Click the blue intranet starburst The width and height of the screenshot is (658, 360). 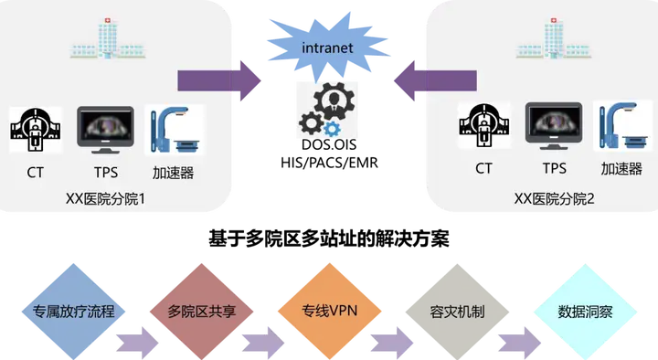[x=328, y=47]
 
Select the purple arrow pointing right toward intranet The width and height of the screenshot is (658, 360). [x=219, y=80]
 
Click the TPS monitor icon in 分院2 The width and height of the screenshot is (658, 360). [x=554, y=126]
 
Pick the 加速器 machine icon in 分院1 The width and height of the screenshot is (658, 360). [x=175, y=130]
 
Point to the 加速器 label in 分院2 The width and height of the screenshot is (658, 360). [x=621, y=169]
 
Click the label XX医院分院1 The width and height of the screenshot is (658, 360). [x=105, y=199]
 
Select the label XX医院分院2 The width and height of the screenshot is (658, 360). [x=555, y=199]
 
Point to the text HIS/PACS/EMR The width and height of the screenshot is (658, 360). [x=329, y=163]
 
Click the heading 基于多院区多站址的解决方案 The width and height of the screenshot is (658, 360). [x=329, y=238]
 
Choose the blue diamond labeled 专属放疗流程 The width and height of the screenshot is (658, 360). [x=73, y=312]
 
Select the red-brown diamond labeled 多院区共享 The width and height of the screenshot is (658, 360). [x=201, y=312]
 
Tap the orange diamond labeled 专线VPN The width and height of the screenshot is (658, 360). [x=329, y=312]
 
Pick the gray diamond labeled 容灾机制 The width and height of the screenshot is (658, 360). [x=458, y=312]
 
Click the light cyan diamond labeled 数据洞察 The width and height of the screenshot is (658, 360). [x=586, y=312]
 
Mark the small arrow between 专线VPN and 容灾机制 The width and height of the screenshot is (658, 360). [x=392, y=344]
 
